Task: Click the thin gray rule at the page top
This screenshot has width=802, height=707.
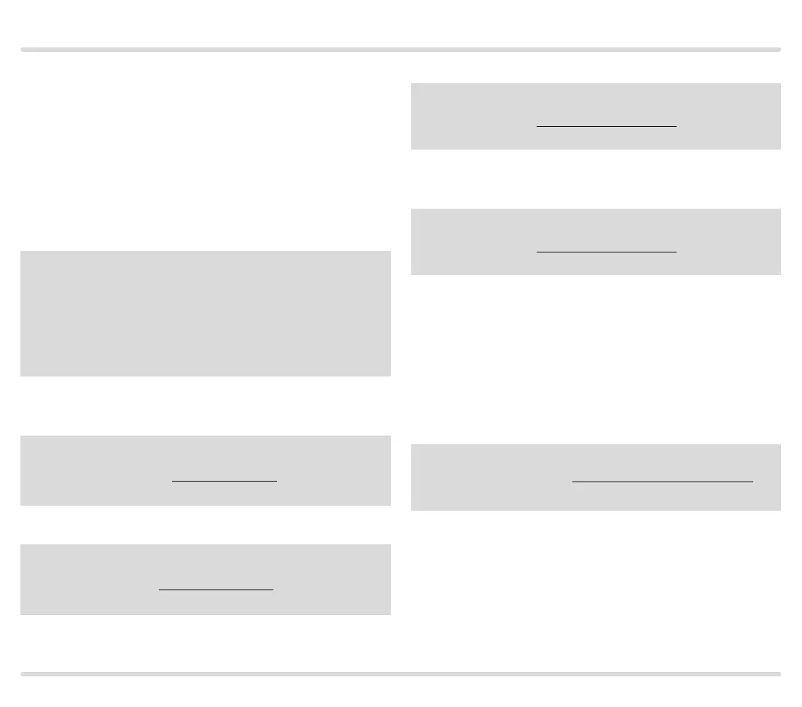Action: tap(400, 50)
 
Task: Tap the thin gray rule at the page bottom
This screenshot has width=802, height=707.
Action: tap(400, 674)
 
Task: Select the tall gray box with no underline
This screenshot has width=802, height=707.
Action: tap(206, 314)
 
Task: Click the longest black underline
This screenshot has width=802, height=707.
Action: tap(662, 482)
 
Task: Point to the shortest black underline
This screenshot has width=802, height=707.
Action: tap(225, 481)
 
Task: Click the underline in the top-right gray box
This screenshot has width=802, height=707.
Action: tap(607, 126)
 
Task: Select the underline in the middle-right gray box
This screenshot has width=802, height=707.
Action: tap(607, 252)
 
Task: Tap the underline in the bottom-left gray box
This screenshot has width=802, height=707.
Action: tap(216, 589)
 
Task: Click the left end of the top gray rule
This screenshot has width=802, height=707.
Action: tap(23, 50)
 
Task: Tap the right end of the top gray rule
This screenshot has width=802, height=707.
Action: tap(779, 50)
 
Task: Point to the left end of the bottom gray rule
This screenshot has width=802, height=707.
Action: tap(23, 674)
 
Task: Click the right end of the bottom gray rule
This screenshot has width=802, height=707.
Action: tap(779, 674)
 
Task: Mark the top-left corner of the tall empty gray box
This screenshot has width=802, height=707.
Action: tap(22, 252)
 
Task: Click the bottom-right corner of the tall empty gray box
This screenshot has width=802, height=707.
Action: tap(389, 375)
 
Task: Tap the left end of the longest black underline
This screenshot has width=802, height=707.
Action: tap(574, 482)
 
